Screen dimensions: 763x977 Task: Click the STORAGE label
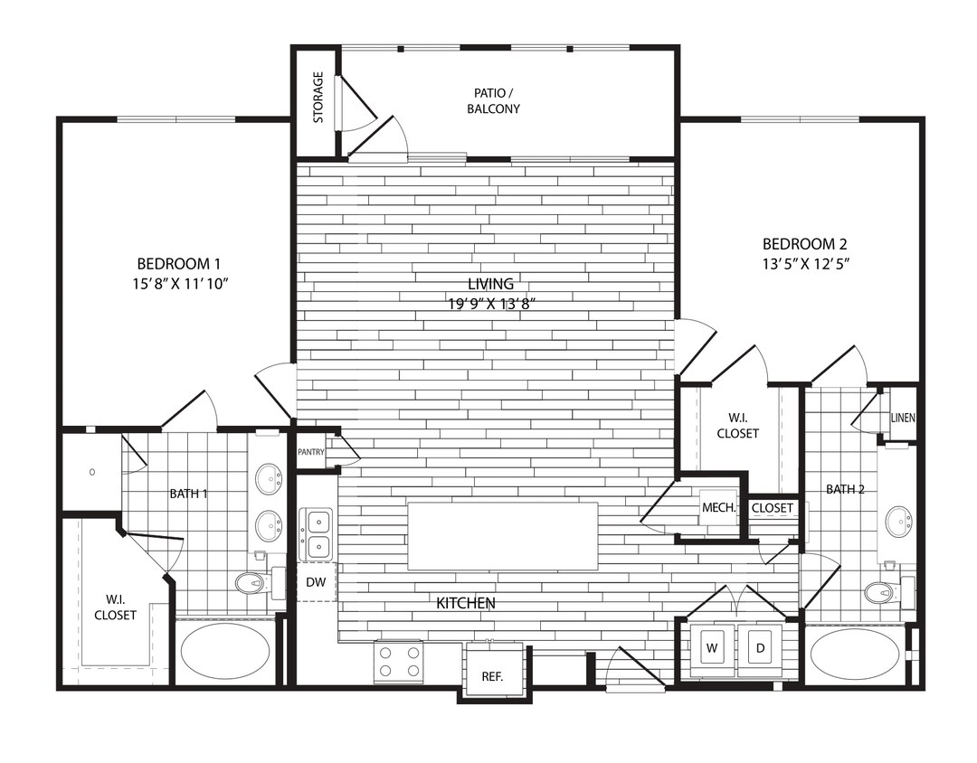318,97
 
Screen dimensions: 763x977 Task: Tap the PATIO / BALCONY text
497,101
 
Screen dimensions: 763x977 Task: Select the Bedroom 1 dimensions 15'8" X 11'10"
179,284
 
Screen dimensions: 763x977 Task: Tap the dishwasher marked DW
316,582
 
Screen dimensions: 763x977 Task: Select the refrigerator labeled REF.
492,675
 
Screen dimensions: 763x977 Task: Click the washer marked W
712,648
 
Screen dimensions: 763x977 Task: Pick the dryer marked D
759,648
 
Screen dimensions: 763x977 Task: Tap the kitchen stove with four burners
399,661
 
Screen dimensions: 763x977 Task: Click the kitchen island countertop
502,536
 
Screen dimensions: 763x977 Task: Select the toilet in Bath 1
253,583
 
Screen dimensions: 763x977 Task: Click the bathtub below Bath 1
224,652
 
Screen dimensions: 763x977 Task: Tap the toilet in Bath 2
880,593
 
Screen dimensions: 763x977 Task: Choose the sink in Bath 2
898,522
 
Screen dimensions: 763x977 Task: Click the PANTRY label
310,452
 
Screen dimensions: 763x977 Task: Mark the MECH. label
719,507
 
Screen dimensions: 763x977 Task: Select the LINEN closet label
903,419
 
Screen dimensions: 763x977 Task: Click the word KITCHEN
466,603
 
